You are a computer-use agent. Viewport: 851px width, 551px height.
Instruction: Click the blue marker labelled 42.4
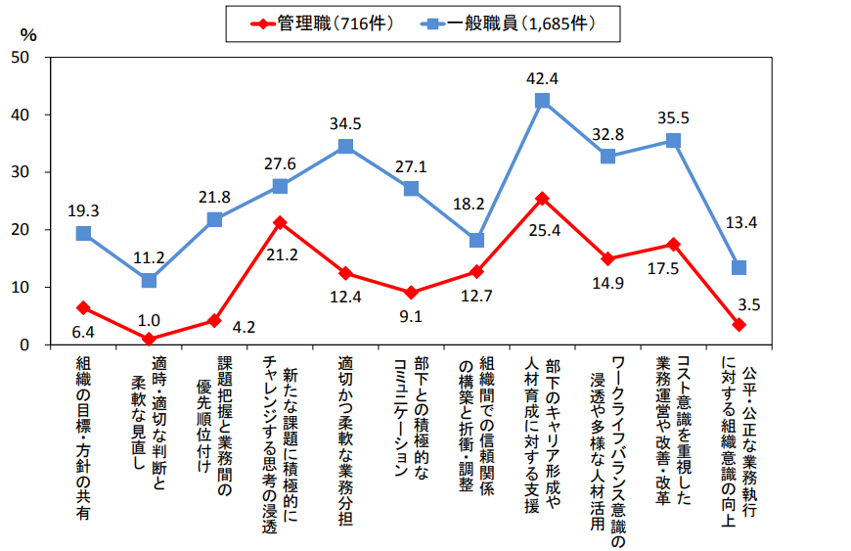point(542,100)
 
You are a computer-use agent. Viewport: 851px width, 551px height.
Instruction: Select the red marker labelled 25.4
point(542,199)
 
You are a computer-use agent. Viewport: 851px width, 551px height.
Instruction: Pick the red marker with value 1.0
point(149,339)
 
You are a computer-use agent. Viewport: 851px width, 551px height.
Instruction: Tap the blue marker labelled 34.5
point(345,146)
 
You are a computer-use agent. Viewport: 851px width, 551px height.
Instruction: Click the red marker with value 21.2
point(280,222)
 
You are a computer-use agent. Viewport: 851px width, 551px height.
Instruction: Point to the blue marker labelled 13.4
point(739,267)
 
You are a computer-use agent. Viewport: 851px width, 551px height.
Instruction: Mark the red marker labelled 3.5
point(739,324)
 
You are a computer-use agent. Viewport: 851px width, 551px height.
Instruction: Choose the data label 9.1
point(411,315)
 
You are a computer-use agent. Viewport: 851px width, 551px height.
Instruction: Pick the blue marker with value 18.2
point(476,240)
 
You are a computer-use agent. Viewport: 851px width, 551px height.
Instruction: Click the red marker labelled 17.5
point(673,244)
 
